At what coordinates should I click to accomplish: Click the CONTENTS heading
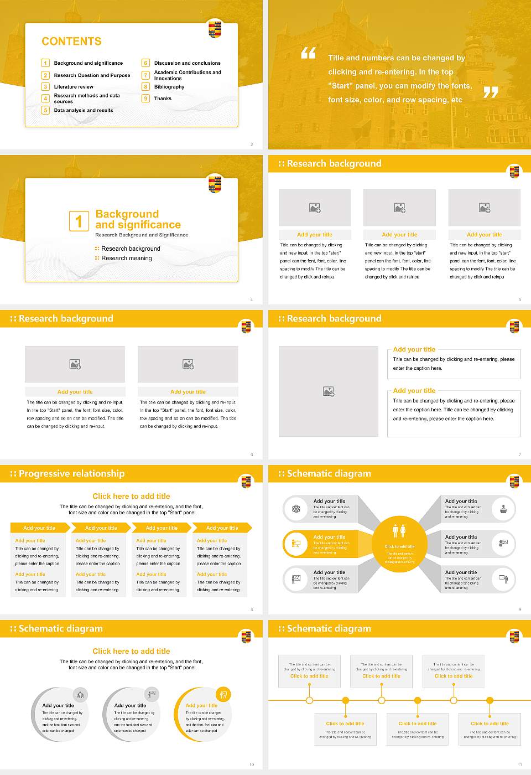tap(71, 42)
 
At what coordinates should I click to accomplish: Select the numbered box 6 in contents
tap(146, 63)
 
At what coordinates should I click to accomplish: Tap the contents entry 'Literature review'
tap(74, 87)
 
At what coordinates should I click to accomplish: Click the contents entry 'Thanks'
tap(163, 99)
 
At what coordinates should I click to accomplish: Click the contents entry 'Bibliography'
tap(169, 87)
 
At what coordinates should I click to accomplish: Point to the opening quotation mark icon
tap(308, 53)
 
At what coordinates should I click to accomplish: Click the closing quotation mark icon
tap(491, 92)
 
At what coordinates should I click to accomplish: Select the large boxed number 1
tap(79, 221)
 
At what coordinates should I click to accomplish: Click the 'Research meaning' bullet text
tap(127, 258)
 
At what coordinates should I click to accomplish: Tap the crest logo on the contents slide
tap(215, 29)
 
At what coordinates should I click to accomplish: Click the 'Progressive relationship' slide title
tap(71, 473)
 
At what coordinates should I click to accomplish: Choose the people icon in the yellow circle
tap(399, 531)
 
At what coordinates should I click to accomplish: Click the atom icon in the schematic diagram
tap(296, 509)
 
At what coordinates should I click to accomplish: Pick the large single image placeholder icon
tap(329, 391)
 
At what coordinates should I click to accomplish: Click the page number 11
tap(520, 764)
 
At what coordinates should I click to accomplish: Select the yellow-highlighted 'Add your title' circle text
tap(201, 705)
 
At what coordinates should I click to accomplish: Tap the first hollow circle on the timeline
tap(309, 700)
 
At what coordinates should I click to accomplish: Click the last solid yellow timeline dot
tap(490, 700)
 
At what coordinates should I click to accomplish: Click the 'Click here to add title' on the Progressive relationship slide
tap(131, 496)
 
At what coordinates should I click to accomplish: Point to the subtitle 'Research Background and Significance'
tap(142, 235)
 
